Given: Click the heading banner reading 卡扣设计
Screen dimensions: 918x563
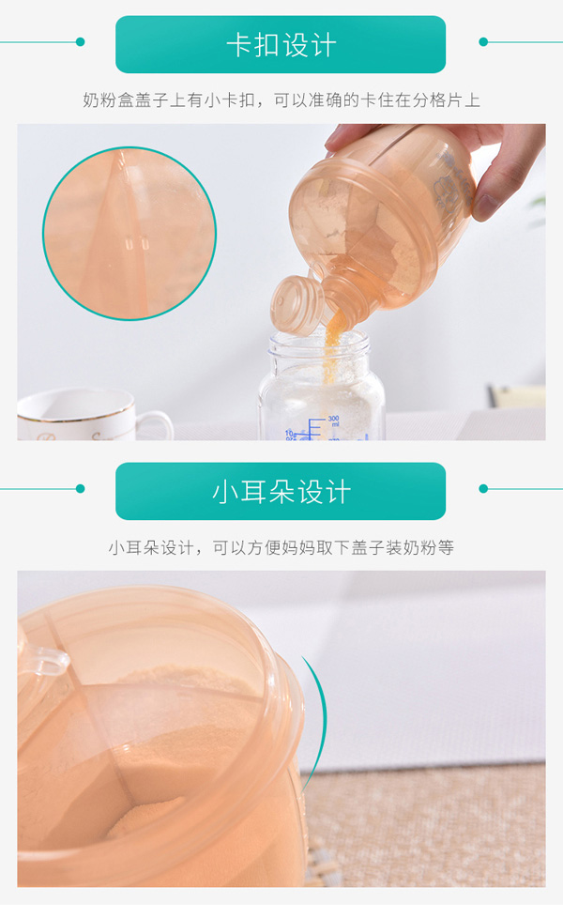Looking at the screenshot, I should click(x=281, y=45).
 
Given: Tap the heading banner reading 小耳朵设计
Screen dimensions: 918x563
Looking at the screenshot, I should click(x=281, y=491).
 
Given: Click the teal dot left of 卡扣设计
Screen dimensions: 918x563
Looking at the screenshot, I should click(x=81, y=42).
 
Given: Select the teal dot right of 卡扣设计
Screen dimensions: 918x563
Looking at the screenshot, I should click(x=483, y=42).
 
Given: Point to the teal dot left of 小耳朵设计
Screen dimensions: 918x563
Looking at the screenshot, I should click(x=81, y=488).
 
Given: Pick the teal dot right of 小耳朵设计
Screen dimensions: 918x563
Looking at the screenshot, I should click(x=483, y=488).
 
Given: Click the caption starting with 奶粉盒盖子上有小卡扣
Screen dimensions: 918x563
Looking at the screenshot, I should click(x=281, y=99).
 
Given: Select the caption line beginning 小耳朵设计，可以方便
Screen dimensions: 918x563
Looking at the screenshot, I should click(x=281, y=547).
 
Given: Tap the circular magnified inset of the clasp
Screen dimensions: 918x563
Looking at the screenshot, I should click(x=129, y=233).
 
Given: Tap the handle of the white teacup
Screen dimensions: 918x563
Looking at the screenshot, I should click(x=158, y=422).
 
